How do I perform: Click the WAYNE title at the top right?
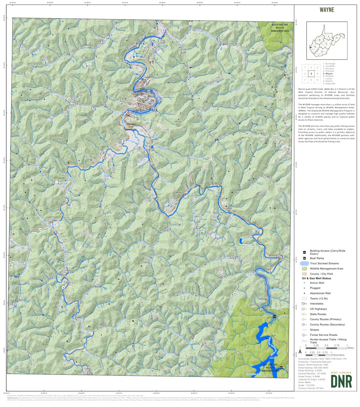[326, 10]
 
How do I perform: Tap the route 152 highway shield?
[145, 78]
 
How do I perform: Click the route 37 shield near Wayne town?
[124, 141]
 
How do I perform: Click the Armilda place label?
[229, 209]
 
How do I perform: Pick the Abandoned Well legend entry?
[320, 293]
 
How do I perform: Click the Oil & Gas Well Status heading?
[316, 278]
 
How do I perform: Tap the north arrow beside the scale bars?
[300, 350]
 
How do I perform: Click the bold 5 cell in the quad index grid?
[312, 74]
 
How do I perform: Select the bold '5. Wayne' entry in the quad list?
[328, 73]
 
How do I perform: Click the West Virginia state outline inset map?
[327, 40]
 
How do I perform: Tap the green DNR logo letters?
[341, 381]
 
